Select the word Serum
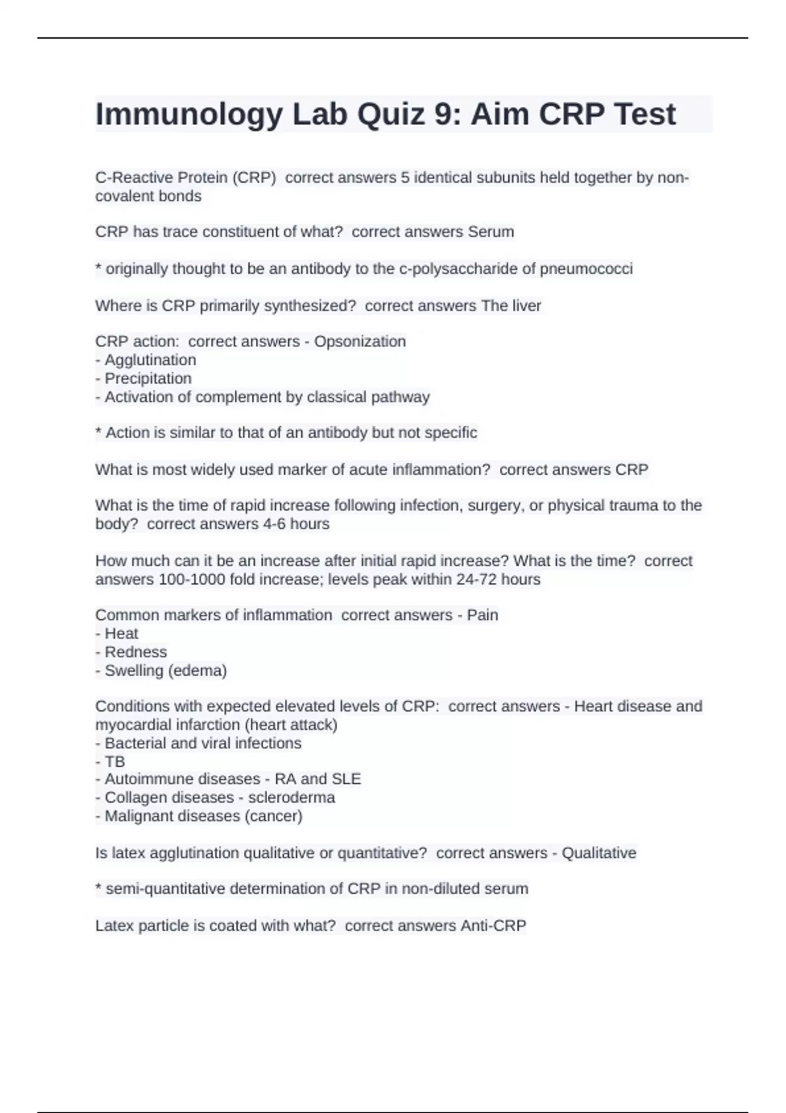[x=491, y=232]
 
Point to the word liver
[x=526, y=306]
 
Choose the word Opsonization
[x=360, y=342]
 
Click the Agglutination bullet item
[x=150, y=360]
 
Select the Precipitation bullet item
[x=148, y=378]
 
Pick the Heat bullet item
[x=121, y=634]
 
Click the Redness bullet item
[x=136, y=652]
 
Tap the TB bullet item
[x=115, y=761]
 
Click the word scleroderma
[x=291, y=797]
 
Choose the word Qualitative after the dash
[x=599, y=853]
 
